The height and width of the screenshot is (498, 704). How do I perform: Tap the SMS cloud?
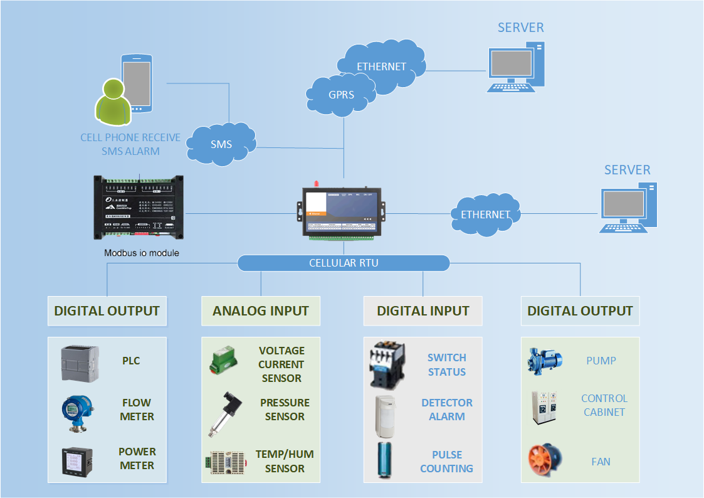point(221,144)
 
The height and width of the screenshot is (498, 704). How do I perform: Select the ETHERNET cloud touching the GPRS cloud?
point(381,66)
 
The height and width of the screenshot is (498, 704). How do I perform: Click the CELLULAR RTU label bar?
point(344,263)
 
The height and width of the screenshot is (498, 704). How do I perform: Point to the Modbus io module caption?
point(141,253)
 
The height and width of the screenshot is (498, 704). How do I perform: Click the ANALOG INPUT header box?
point(261,311)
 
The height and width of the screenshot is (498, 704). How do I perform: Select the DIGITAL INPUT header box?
point(423,311)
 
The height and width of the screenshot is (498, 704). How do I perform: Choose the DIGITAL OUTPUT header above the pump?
point(580,311)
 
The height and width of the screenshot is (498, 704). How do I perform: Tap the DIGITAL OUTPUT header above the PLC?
point(107,311)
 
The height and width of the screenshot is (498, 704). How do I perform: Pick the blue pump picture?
point(545,360)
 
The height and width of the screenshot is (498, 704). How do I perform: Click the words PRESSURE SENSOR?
point(285,410)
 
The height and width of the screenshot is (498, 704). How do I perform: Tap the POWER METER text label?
point(137,458)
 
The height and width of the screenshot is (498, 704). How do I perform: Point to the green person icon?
point(113,103)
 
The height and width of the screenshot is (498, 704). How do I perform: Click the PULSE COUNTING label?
point(446,462)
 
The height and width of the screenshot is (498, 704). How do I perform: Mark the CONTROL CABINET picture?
point(544,408)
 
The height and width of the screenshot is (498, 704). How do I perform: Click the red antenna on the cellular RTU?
point(317,184)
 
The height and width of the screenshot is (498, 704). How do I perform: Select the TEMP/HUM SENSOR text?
point(285,461)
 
